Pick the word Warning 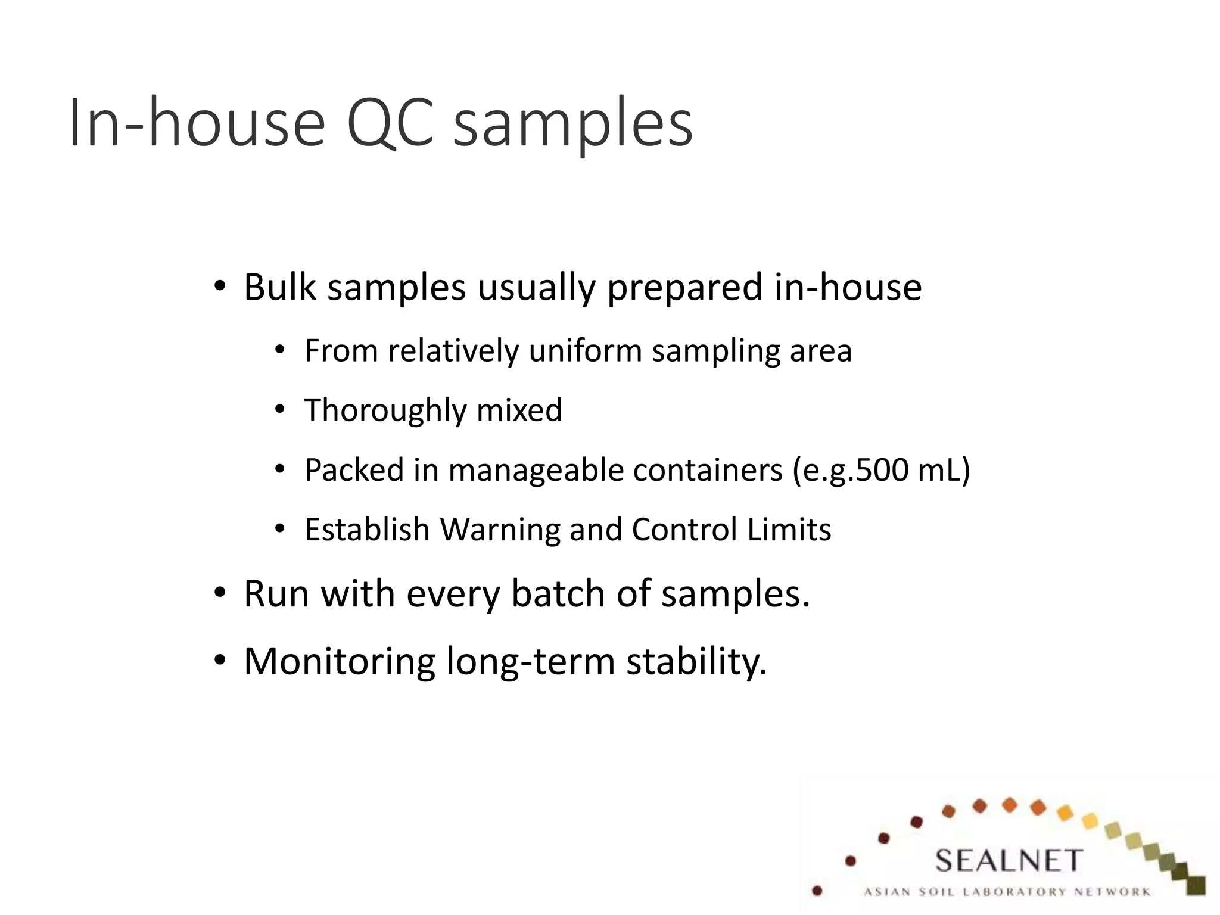[x=499, y=530]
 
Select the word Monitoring [x=340, y=662]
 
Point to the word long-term [x=530, y=662]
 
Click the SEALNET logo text [x=1008, y=861]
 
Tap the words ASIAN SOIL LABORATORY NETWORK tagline [x=1007, y=892]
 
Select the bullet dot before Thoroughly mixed [x=280, y=410]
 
